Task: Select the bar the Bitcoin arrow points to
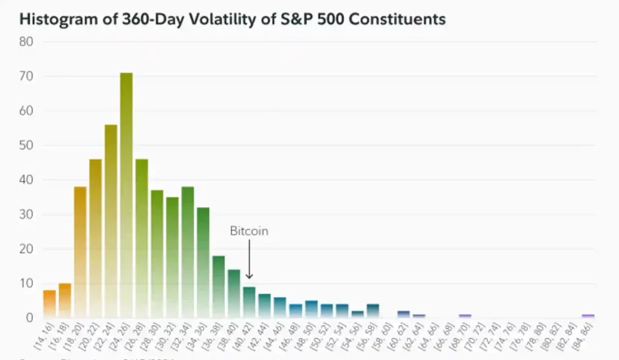(249, 302)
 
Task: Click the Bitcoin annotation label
(249, 230)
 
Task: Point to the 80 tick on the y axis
(27, 42)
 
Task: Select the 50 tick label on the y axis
(27, 146)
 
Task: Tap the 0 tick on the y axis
(30, 318)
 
